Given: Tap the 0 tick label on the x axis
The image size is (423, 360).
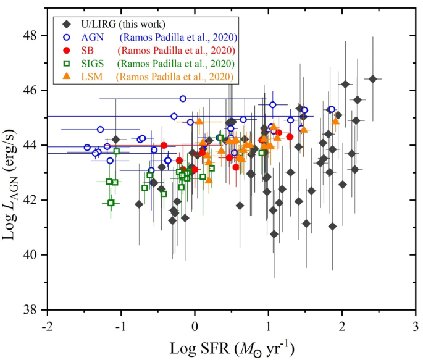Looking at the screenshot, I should [195, 325].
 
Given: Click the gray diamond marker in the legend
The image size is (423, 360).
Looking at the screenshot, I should [65, 24].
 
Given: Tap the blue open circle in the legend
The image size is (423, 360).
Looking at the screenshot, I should [65, 37].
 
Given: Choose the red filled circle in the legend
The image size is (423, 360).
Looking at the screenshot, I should [65, 50].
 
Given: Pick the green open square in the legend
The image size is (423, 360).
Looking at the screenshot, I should [65, 64].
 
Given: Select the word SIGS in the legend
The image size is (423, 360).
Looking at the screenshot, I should [90, 64].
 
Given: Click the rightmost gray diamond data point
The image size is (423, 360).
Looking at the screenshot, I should [373, 79].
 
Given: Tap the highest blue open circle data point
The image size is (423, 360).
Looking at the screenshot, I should [183, 98].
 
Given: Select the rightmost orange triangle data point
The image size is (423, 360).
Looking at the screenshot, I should [335, 121].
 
